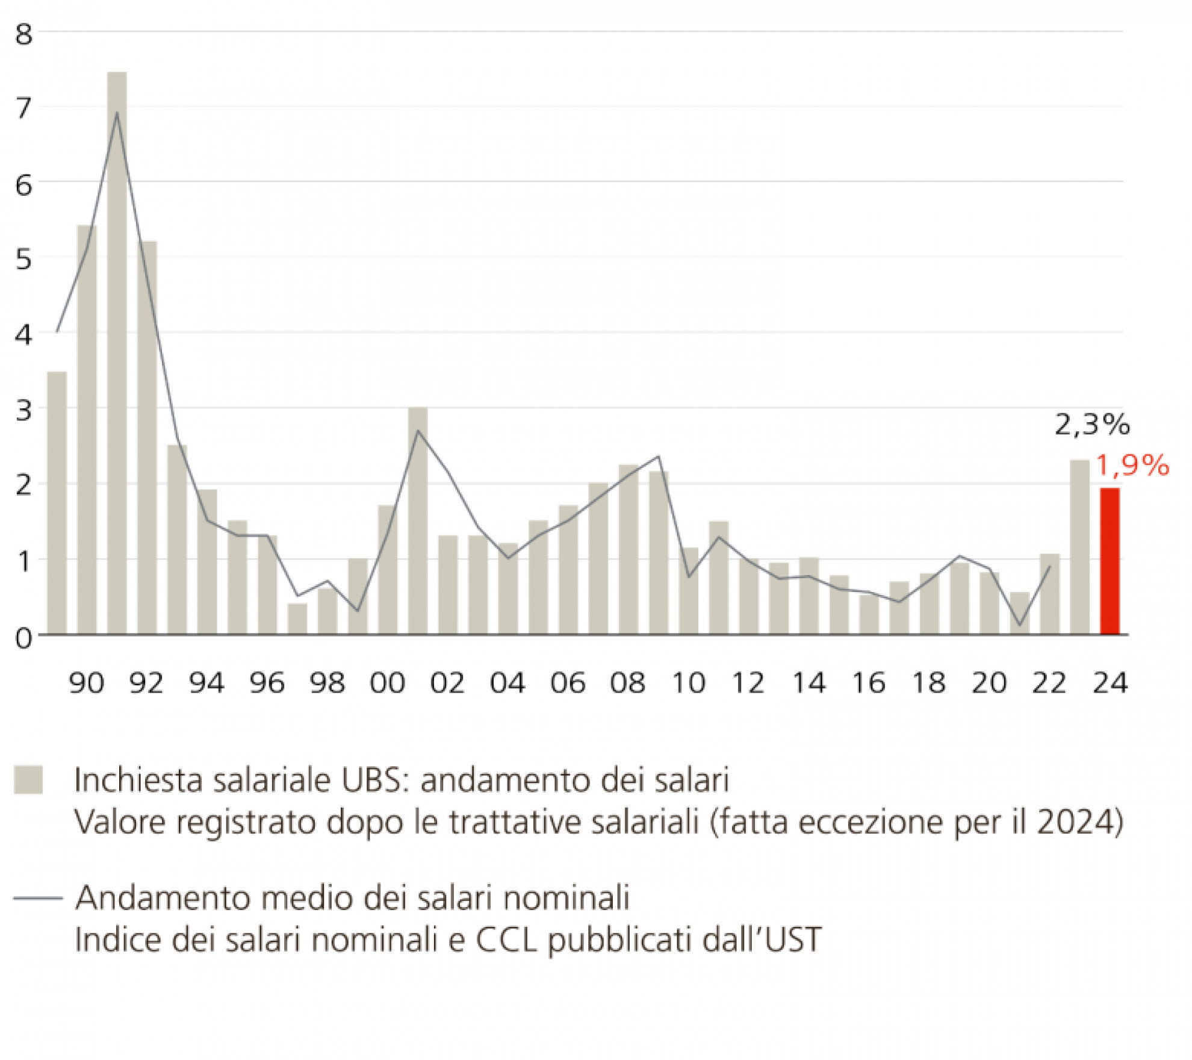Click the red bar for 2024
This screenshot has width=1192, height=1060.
pos(1110,561)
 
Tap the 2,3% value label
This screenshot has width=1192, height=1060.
pos(1092,425)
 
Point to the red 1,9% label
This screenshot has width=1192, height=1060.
pos(1132,466)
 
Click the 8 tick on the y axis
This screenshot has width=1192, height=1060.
pos(24,34)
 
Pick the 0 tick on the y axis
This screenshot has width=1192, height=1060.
pos(24,638)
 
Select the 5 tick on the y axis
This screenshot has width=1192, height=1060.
pos(24,260)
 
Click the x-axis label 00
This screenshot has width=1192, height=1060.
pos(387,683)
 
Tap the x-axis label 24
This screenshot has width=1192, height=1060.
pos(1110,683)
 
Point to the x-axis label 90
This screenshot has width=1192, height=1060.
pos(87,683)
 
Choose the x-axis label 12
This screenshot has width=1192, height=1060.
pos(748,683)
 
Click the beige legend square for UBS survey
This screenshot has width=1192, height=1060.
pos(28,780)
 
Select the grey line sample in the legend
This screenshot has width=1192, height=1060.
pos(38,898)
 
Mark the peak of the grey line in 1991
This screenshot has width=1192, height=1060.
pos(117,113)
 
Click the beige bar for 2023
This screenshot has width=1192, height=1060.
pos(1079,547)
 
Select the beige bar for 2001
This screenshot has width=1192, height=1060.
pos(418,521)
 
